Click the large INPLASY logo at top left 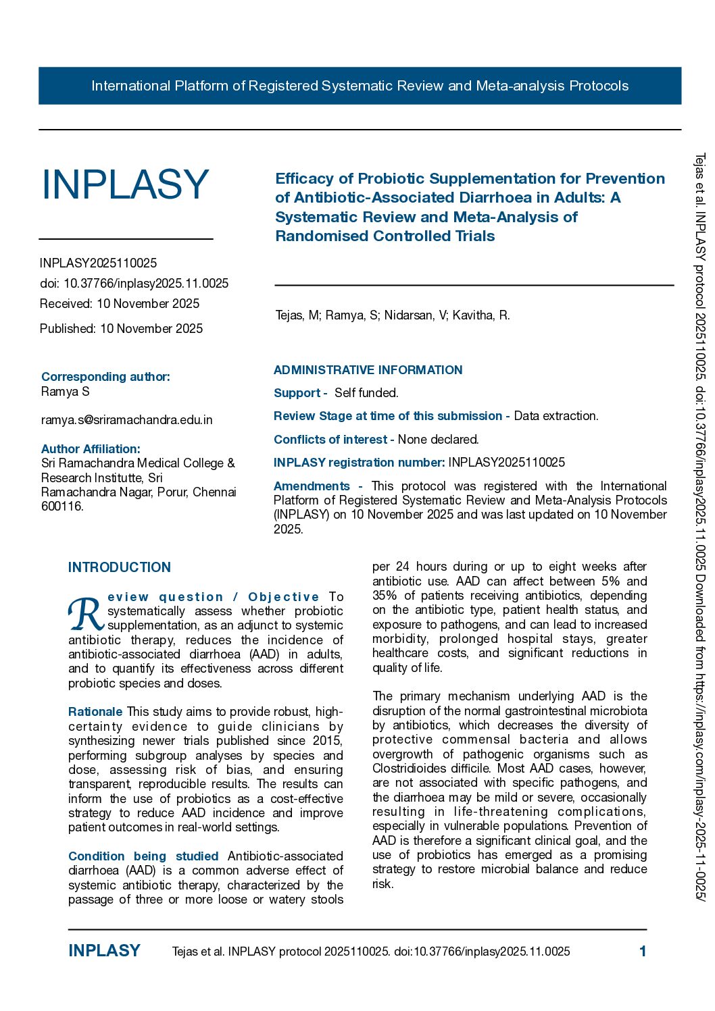click(125, 184)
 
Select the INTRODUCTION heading click(120, 567)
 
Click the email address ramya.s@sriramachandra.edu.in click(126, 420)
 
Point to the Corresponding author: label click(105, 377)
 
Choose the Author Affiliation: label click(91, 449)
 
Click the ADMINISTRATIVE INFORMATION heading click(368, 370)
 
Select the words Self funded click(366, 393)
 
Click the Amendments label click(312, 486)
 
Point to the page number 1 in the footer click(643, 952)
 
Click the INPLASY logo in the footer click(104, 951)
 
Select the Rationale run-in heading click(95, 712)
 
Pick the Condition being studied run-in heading click(143, 856)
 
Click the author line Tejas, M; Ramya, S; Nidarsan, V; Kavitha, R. click(393, 315)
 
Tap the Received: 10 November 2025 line click(120, 304)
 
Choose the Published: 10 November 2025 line click(121, 329)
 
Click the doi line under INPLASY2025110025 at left click(134, 284)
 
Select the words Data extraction click(556, 416)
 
